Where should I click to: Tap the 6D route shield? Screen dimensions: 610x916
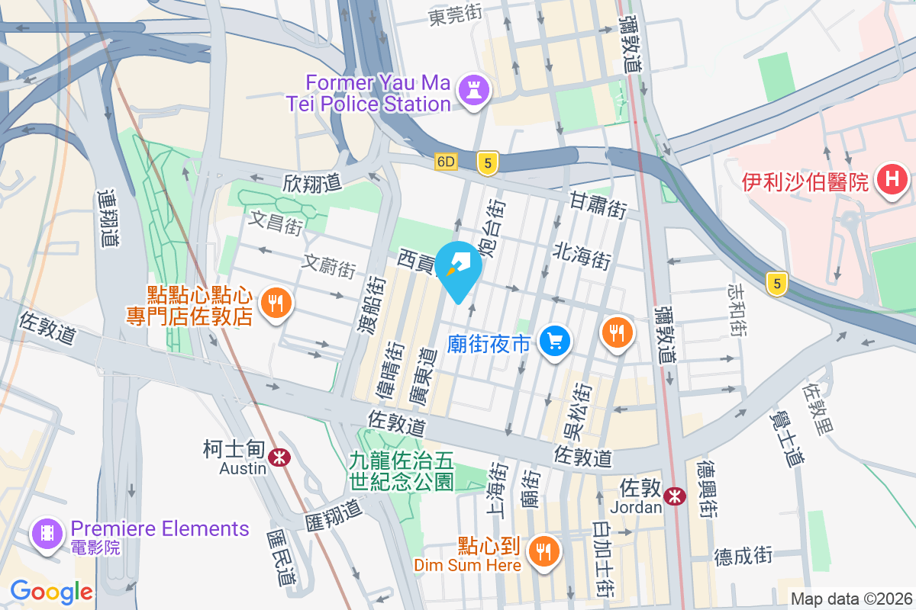(x=447, y=162)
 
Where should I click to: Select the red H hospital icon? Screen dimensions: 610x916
(x=892, y=181)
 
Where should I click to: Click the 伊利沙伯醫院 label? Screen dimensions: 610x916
(x=806, y=182)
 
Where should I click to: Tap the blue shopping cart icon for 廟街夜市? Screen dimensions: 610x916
(x=555, y=340)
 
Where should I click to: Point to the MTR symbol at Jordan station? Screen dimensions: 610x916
(x=674, y=496)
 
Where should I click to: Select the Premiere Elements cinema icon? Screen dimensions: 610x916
(x=47, y=531)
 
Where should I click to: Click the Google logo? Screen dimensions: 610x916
(x=51, y=591)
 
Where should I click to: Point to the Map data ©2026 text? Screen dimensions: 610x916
(x=851, y=599)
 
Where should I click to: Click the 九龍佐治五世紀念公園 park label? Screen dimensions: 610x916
(x=402, y=470)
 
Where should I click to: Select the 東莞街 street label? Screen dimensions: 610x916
(x=456, y=14)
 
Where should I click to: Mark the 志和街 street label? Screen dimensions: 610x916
(x=738, y=310)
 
